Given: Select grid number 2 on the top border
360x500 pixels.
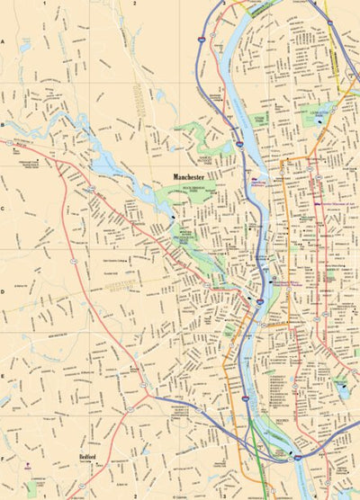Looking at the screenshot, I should pyautogui.click(x=134, y=4).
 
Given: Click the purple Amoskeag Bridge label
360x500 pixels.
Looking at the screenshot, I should pyautogui.click(x=260, y=183).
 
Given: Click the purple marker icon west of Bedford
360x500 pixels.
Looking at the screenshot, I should pyautogui.click(x=30, y=465).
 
